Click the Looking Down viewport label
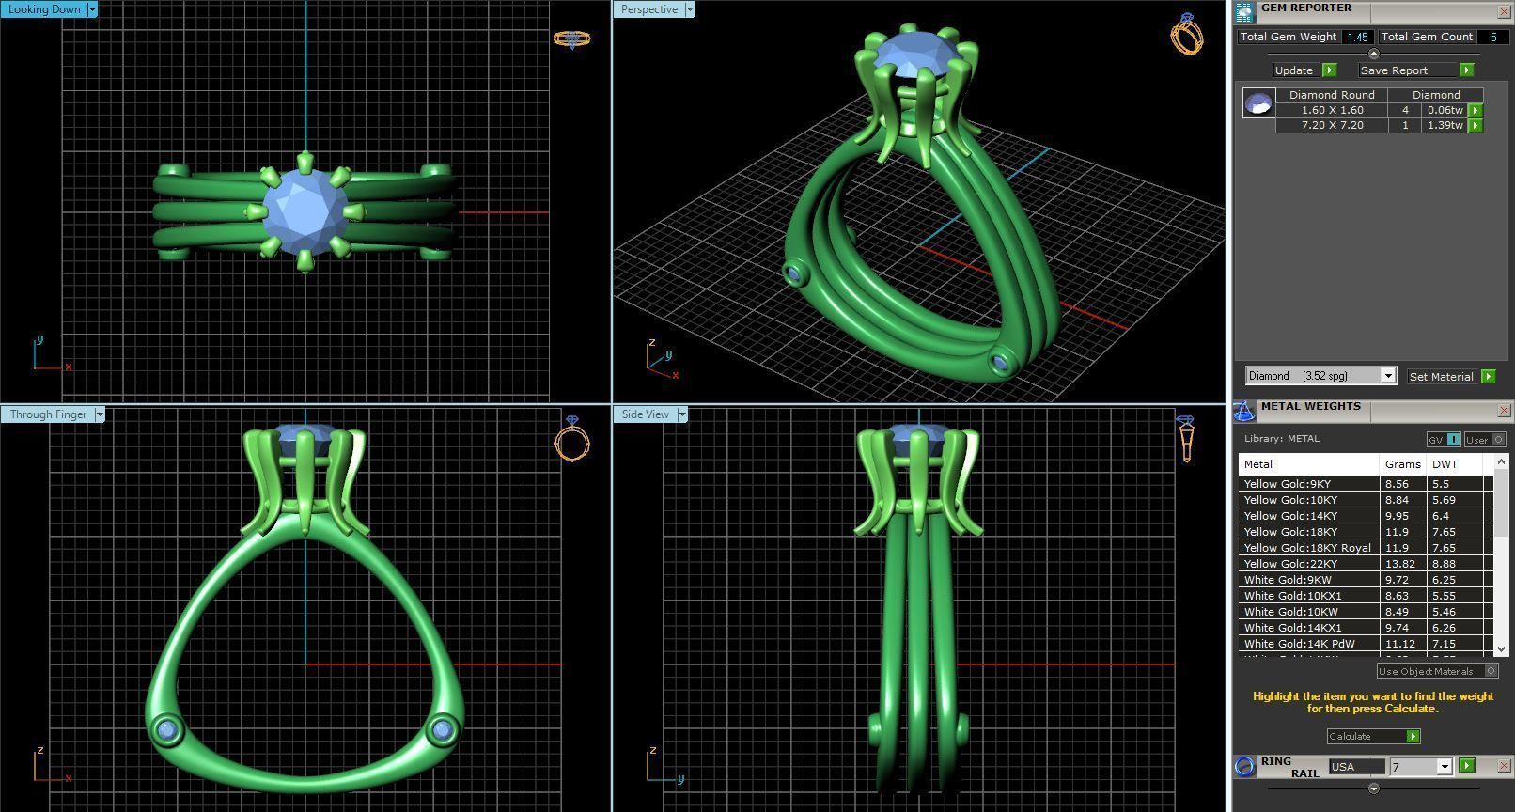43,9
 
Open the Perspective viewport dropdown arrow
690,9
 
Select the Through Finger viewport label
48,414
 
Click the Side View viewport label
645,414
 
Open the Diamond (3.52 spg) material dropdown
1387,376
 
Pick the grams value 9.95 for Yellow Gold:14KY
1398,516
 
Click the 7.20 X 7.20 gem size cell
1332,125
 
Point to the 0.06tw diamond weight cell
1444,110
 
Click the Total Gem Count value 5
1492,37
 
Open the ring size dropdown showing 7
1445,768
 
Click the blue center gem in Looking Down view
305,211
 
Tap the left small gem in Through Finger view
168,730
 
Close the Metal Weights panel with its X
1504,411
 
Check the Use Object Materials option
1491,671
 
